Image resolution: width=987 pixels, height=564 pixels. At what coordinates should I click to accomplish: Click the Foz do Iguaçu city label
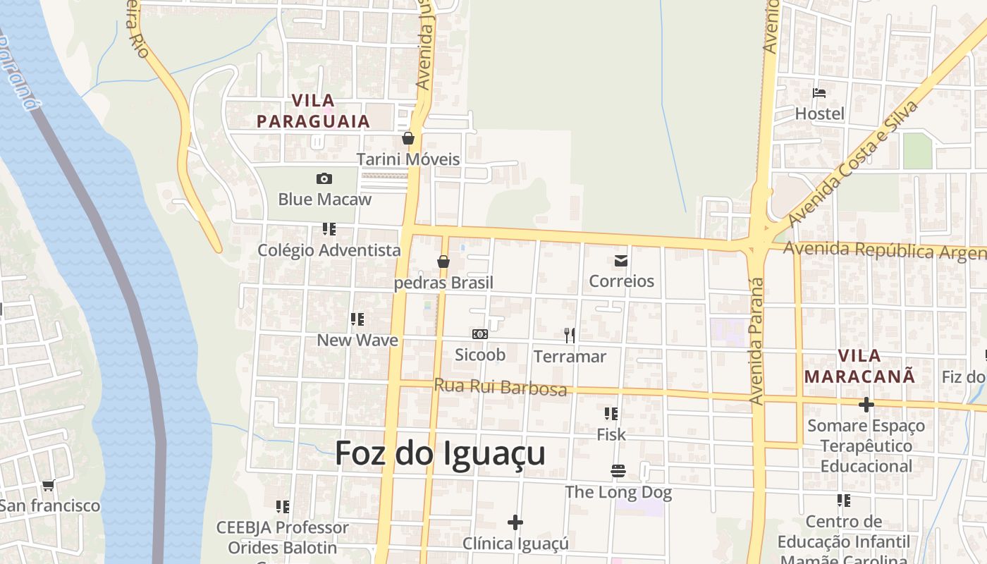(x=440, y=453)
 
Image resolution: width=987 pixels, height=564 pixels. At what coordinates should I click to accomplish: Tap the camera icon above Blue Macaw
(x=324, y=178)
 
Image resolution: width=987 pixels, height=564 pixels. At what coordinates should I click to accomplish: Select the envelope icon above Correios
(x=621, y=261)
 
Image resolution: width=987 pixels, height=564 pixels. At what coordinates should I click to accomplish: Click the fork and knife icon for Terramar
(x=570, y=336)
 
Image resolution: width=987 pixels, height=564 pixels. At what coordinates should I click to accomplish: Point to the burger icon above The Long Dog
(x=618, y=471)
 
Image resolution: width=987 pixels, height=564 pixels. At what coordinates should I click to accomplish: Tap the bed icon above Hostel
(x=819, y=93)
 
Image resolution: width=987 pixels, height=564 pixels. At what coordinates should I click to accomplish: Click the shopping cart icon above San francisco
(x=48, y=485)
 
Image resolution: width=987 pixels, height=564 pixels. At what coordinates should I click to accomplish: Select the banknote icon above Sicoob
(x=479, y=334)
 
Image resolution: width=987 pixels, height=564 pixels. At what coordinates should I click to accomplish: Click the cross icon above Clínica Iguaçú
(x=515, y=522)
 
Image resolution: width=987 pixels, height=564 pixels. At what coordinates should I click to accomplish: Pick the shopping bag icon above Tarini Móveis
(x=408, y=138)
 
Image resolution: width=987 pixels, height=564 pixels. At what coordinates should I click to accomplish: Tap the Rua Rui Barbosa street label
(x=501, y=387)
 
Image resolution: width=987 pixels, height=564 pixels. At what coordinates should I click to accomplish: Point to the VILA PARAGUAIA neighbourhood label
(x=313, y=111)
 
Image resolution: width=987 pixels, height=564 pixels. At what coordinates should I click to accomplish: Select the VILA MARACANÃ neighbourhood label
(x=860, y=366)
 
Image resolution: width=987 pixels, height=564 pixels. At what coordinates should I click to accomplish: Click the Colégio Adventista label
(x=329, y=250)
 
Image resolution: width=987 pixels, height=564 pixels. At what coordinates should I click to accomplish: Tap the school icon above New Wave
(x=357, y=319)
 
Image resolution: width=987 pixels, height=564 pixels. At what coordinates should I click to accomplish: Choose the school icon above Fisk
(x=611, y=414)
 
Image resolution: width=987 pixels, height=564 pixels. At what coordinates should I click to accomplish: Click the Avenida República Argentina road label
(x=884, y=250)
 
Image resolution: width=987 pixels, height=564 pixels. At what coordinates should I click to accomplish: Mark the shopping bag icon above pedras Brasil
(x=443, y=262)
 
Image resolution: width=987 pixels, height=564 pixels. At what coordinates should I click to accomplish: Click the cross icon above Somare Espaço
(x=866, y=405)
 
